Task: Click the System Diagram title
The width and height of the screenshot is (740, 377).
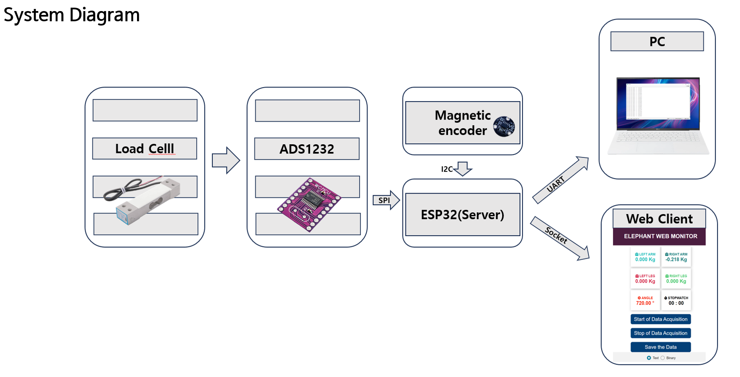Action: pyautogui.click(x=71, y=15)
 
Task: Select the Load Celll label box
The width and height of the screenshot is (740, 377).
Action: pyautogui.click(x=145, y=149)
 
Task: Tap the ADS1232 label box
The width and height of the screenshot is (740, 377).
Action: pyautogui.click(x=307, y=149)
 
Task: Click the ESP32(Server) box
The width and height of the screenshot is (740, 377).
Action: pyautogui.click(x=463, y=214)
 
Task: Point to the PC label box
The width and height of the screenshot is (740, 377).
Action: pyautogui.click(x=657, y=42)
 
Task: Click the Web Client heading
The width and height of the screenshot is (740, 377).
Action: pyautogui.click(x=659, y=219)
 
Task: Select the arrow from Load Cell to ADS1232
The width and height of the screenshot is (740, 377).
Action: pyautogui.click(x=226, y=160)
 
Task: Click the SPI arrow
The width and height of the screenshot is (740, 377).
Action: pyautogui.click(x=386, y=200)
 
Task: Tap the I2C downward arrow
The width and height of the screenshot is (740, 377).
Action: pyautogui.click(x=463, y=169)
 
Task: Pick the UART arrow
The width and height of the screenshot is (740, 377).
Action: pyautogui.click(x=561, y=180)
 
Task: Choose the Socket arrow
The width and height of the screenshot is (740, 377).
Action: pyautogui.click(x=560, y=238)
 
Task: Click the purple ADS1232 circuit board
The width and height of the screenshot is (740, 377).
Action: pyautogui.click(x=309, y=204)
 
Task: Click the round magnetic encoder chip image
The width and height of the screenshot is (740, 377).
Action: pyautogui.click(x=504, y=126)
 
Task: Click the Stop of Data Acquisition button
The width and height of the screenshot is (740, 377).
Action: pyautogui.click(x=660, y=333)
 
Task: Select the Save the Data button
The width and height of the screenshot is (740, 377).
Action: pyautogui.click(x=660, y=347)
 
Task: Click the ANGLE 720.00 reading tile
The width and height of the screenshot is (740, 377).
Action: pyautogui.click(x=645, y=300)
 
